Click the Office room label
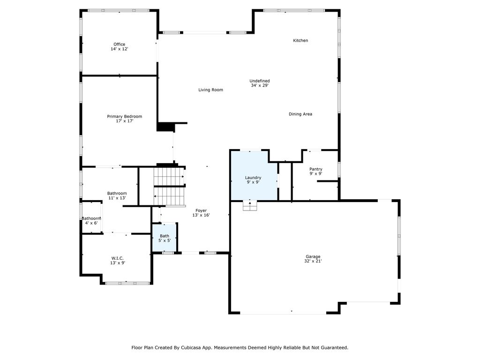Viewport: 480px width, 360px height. [x=119, y=45]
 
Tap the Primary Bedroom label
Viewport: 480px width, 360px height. [x=124, y=116]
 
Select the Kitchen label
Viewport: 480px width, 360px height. [x=300, y=40]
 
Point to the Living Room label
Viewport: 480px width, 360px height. [x=210, y=90]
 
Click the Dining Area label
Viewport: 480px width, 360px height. [x=300, y=114]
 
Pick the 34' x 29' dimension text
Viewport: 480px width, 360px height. [x=260, y=85]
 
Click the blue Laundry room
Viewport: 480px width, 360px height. [x=254, y=176]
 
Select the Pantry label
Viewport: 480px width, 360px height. [x=315, y=169]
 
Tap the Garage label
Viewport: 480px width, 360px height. [x=313, y=256]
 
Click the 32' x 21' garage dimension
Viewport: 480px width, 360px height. [x=313, y=261]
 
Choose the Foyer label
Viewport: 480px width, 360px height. [x=201, y=210]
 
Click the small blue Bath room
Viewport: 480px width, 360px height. [x=165, y=238]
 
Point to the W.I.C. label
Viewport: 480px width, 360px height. [x=118, y=258]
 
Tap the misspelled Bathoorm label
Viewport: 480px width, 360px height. [x=91, y=218]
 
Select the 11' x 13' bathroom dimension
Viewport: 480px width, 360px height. [x=117, y=198]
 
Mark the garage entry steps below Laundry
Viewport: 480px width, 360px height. [x=250, y=206]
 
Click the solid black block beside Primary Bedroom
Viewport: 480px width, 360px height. [x=165, y=127]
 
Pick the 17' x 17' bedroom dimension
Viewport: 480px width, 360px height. [x=124, y=121]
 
